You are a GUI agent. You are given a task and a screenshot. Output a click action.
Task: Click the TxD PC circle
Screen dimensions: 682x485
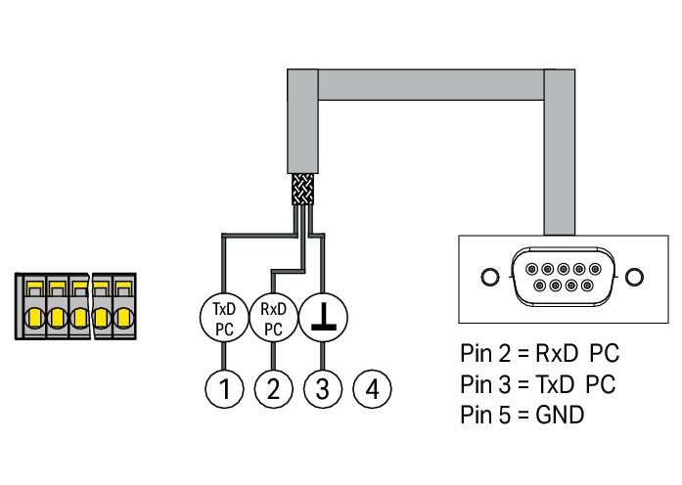point(224,318)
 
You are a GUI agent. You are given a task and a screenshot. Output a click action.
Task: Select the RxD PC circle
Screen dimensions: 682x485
point(274,318)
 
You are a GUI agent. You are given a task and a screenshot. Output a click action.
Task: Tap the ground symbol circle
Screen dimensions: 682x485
point(323,318)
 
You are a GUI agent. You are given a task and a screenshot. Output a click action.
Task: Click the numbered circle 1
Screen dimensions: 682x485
point(224,388)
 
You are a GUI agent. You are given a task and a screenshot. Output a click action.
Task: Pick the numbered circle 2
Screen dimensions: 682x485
point(274,388)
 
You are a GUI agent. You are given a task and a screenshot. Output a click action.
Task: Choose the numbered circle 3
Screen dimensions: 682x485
point(323,388)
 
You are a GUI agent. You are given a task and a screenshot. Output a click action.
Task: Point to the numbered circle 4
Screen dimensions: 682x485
point(373,388)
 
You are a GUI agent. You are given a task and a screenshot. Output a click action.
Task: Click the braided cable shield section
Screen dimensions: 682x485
point(302,189)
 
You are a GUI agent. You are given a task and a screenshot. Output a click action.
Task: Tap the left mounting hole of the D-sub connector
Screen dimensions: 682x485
point(490,277)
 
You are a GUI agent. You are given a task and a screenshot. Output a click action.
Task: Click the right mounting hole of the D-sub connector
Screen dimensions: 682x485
point(634,277)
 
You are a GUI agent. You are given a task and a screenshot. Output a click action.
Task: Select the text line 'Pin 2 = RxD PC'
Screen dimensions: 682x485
point(539,353)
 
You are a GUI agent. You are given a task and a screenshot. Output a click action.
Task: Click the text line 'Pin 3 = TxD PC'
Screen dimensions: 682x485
point(538,384)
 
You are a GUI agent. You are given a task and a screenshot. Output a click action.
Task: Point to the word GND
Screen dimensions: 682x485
point(560,415)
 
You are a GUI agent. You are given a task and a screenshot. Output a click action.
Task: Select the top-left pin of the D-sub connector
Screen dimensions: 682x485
point(531,269)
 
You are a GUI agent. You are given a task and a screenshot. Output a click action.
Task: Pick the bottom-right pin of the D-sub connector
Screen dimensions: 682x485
point(587,286)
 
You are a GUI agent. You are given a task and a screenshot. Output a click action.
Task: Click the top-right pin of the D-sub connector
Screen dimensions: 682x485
point(595,269)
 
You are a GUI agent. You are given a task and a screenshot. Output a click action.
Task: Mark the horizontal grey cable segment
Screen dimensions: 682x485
point(432,85)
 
